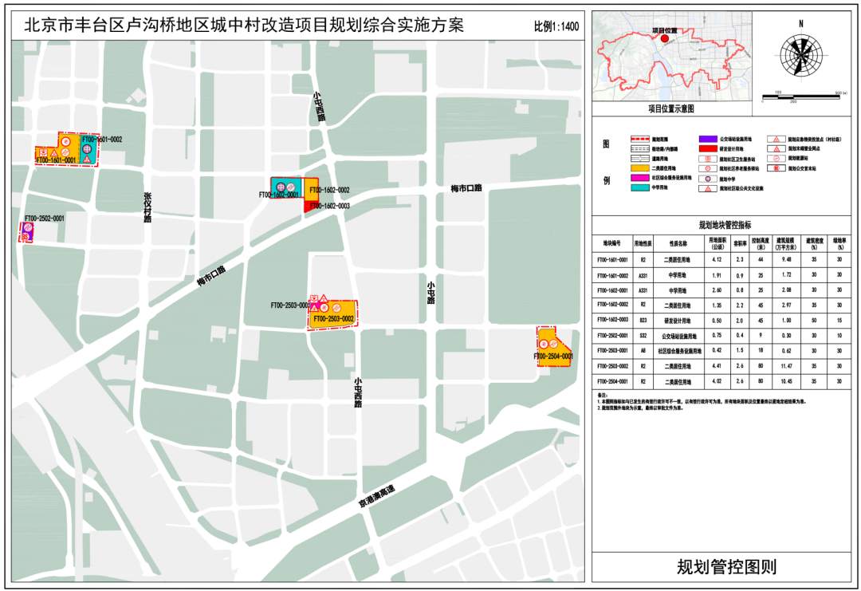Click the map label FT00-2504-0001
click(551, 357)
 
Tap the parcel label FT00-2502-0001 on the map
click(44, 218)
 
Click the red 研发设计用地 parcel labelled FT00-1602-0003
click(309, 206)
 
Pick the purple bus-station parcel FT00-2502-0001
click(26, 233)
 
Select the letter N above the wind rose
click(800, 24)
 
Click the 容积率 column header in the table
click(738, 242)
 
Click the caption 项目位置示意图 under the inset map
click(670, 108)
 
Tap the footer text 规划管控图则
click(725, 567)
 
